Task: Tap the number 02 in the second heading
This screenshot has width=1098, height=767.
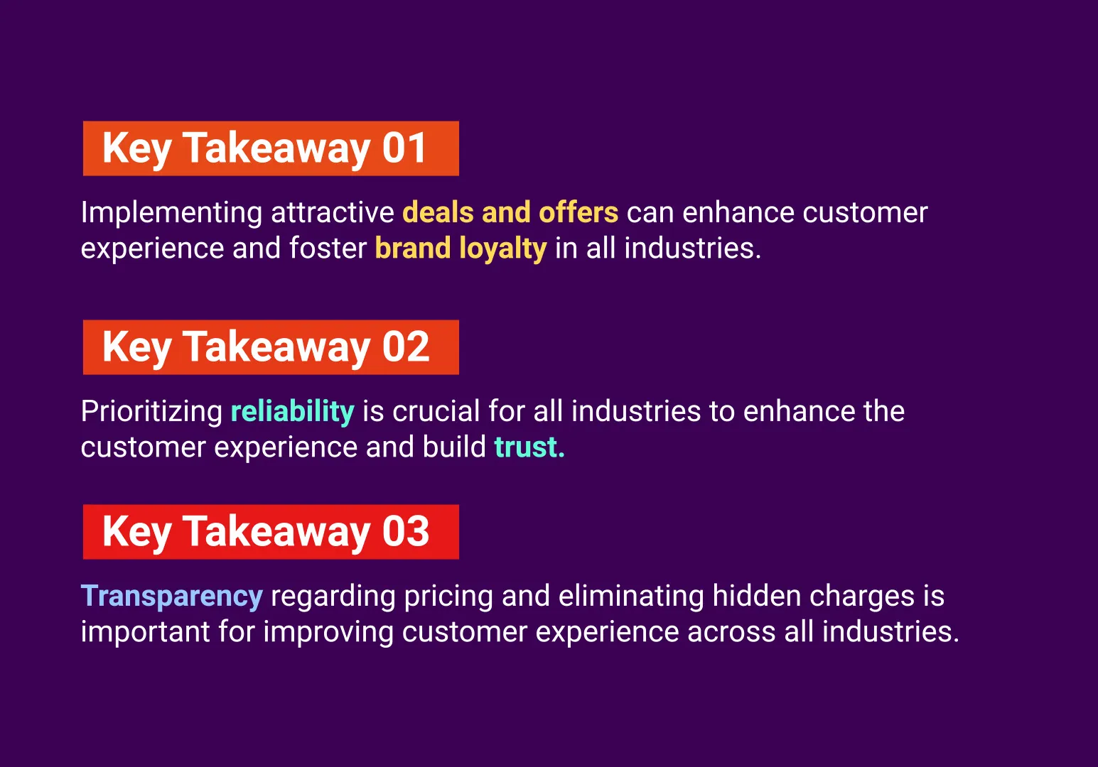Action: click(x=405, y=347)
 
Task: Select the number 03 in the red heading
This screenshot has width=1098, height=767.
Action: click(x=405, y=531)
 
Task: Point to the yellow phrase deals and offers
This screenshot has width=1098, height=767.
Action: click(x=510, y=212)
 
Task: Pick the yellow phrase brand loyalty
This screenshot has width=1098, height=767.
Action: click(x=461, y=249)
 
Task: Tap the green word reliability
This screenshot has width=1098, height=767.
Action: click(x=292, y=412)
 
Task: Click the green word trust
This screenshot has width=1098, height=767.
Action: click(x=529, y=447)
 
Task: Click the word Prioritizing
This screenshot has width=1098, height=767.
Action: click(x=151, y=412)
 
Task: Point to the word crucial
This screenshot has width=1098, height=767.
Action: click(x=436, y=411)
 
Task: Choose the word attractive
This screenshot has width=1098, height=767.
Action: click(x=333, y=212)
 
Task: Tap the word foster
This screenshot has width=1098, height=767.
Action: click(x=328, y=249)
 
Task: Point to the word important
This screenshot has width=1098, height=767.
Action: click(x=146, y=632)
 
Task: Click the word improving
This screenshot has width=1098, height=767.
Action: click(x=328, y=632)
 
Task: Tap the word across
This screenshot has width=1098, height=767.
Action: click(x=731, y=633)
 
